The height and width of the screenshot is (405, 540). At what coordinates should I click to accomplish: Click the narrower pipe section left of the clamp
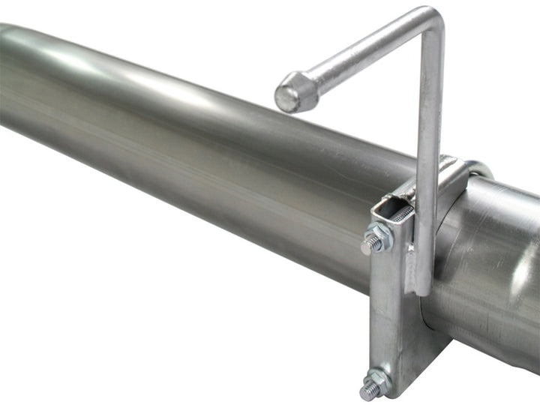tap(187, 150)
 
